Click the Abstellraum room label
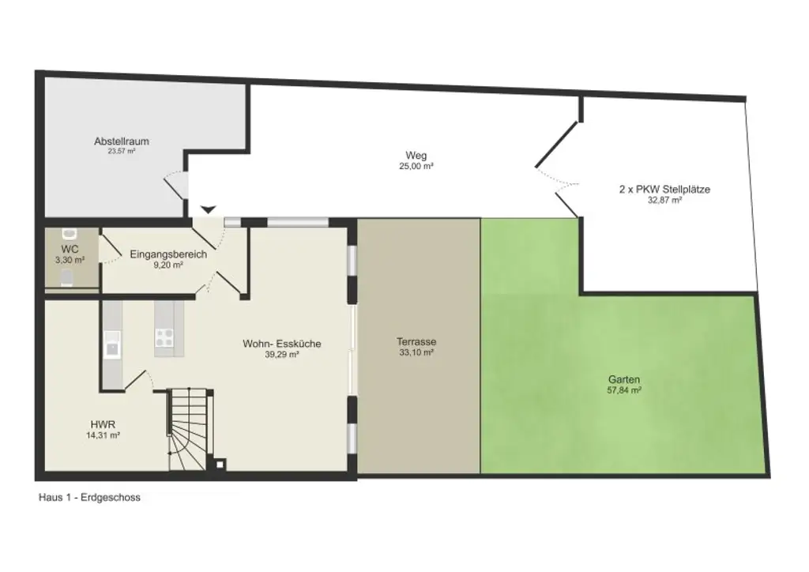click(x=122, y=141)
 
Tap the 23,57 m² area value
click(x=122, y=151)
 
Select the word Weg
click(x=416, y=156)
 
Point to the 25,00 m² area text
click(x=416, y=166)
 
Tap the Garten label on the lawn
click(x=624, y=379)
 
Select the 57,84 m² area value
click(x=624, y=390)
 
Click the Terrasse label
click(x=416, y=342)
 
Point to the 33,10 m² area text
click(x=416, y=353)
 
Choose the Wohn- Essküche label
click(x=282, y=344)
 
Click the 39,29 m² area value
click(x=282, y=356)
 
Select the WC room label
click(x=70, y=249)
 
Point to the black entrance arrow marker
click(x=207, y=209)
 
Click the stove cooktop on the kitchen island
click(x=164, y=338)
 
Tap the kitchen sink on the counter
click(x=111, y=345)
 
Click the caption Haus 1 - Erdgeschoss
click(x=89, y=498)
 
